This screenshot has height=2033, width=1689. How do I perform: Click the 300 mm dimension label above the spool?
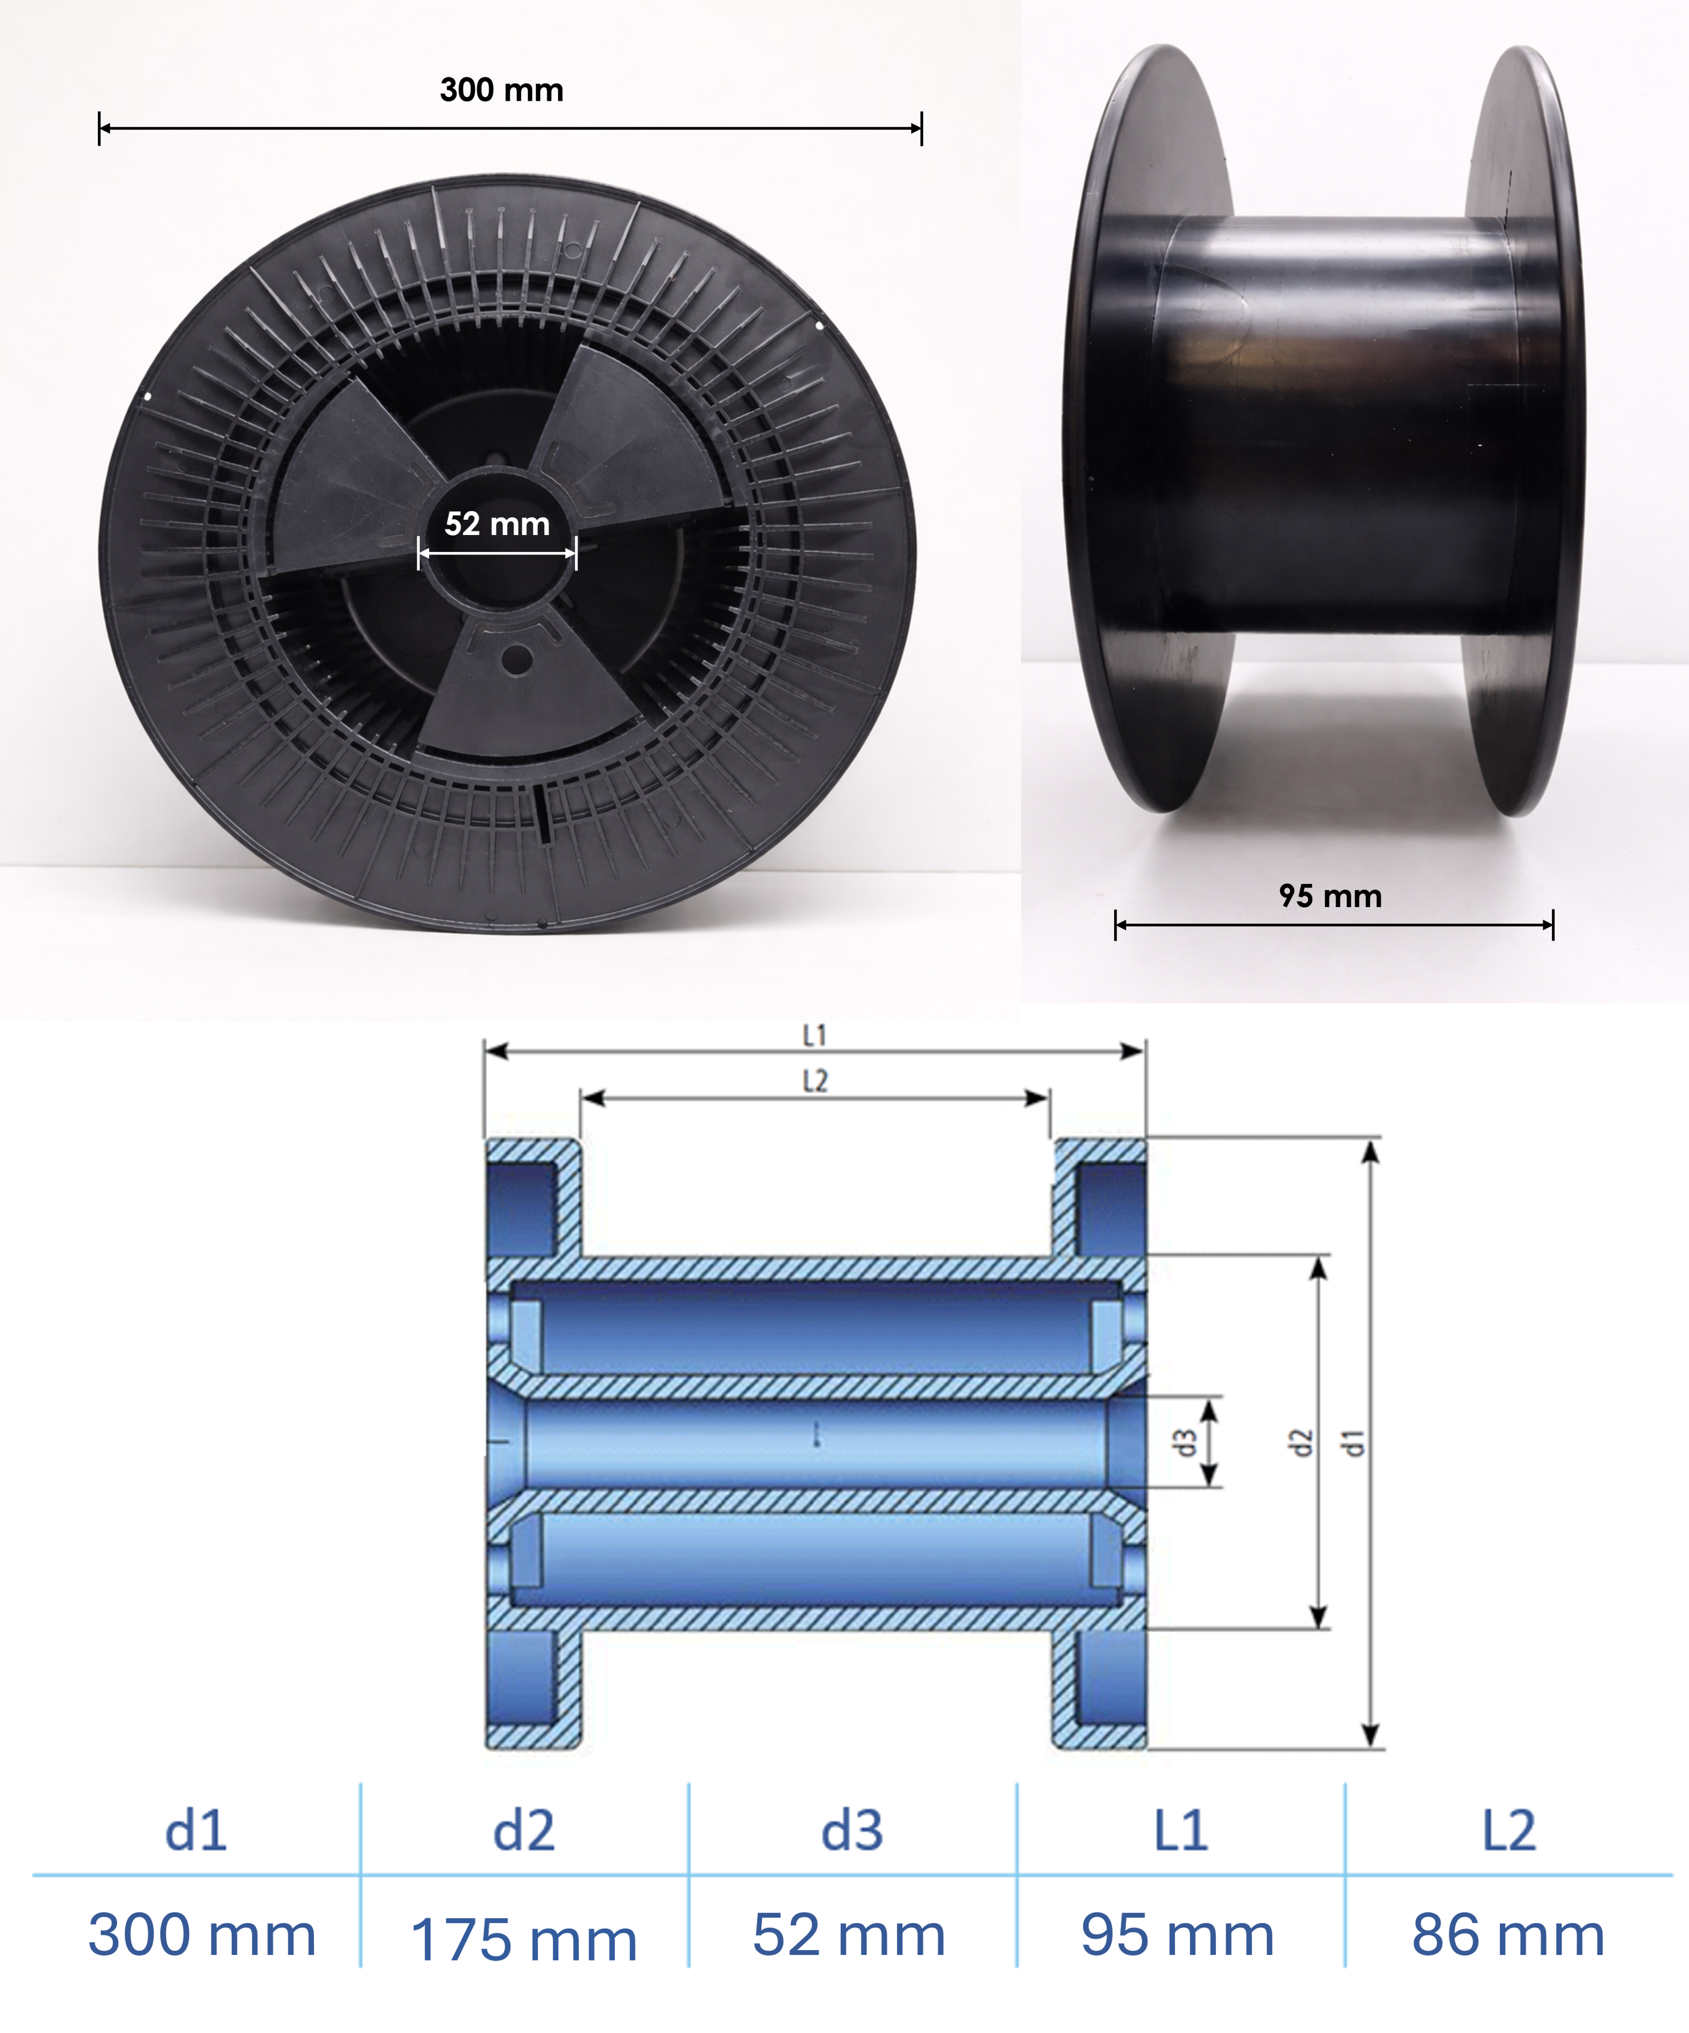pos(501,90)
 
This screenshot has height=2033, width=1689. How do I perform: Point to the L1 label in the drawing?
pos(815,1036)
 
